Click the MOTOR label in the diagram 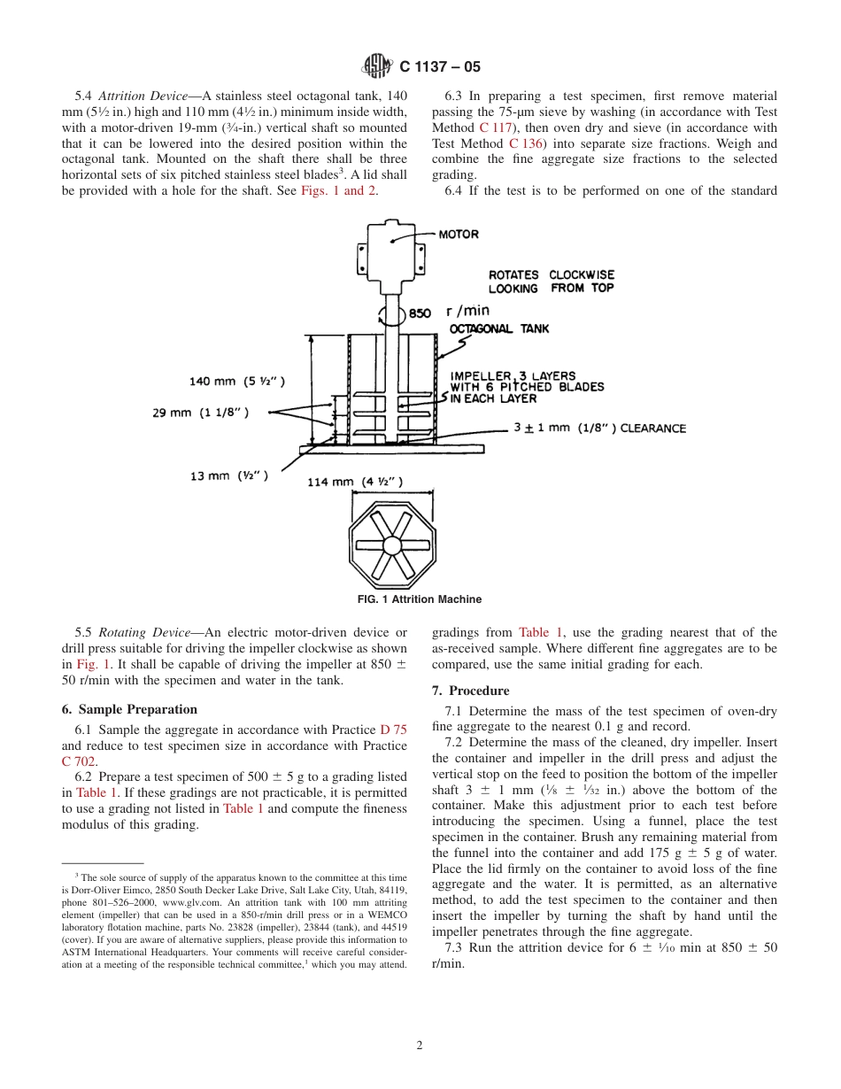(459, 235)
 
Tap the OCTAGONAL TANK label (499, 328)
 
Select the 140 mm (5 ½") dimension (237, 382)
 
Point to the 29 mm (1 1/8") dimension (200, 413)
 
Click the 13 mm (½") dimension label (228, 475)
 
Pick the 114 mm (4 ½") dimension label (355, 482)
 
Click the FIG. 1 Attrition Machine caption (420, 599)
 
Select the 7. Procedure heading (470, 691)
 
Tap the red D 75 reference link (393, 730)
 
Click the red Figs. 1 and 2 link (339, 191)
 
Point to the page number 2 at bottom (420, 1045)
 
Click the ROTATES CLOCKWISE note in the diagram (551, 282)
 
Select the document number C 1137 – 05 (440, 66)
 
